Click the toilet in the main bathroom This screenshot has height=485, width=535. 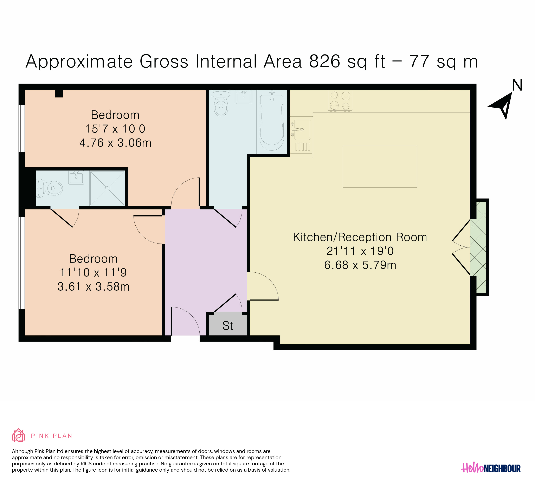221,103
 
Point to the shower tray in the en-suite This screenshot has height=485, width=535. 107,188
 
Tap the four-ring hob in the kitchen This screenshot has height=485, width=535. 340,101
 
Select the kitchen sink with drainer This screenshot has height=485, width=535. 301,137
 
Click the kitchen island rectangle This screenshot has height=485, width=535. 380,167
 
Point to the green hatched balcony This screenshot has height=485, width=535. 478,247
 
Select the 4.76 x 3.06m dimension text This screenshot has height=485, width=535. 115,143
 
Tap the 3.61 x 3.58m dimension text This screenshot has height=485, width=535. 94,286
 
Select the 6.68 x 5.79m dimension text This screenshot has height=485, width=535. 360,265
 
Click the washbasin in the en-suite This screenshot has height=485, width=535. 76,177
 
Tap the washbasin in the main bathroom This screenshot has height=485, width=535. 243,97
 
